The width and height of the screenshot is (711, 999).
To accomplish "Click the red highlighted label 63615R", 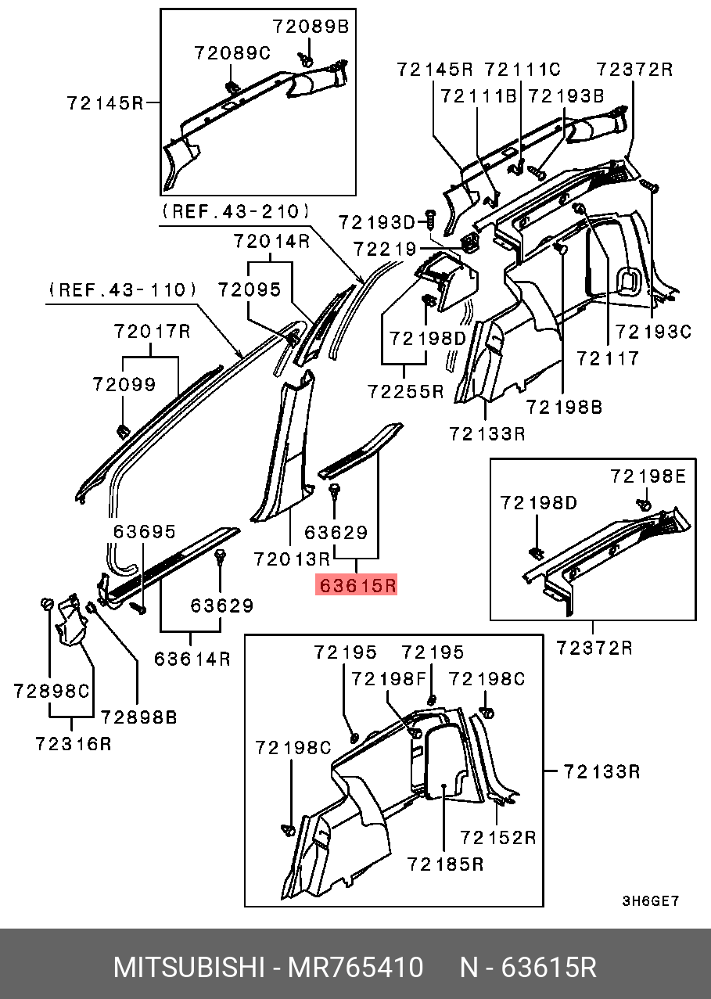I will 356,584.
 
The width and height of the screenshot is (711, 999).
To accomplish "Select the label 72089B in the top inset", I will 311,26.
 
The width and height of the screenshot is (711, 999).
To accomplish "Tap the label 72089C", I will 232,53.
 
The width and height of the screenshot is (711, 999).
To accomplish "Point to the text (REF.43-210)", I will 235,211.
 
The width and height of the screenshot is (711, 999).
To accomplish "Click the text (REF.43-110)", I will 123,290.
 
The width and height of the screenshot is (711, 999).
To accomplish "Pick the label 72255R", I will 405,391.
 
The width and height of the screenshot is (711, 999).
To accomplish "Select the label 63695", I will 145,531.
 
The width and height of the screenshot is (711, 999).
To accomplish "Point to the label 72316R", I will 74,743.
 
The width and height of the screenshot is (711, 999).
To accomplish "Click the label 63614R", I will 192,659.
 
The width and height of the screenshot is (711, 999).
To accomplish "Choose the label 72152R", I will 498,837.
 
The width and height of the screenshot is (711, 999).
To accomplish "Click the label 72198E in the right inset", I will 648,476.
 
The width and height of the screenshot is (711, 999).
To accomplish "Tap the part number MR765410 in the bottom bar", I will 356,968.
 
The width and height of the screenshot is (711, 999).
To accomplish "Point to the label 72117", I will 608,358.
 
